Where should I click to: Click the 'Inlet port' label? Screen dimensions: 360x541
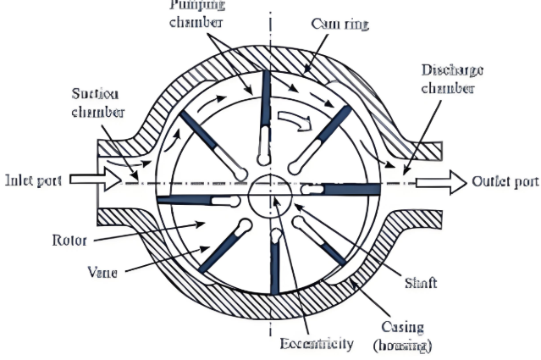[31, 180]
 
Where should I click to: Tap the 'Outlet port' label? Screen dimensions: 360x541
[505, 181]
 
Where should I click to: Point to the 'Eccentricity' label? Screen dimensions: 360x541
[316, 345]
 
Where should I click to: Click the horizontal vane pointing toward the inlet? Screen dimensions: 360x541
[190, 201]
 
